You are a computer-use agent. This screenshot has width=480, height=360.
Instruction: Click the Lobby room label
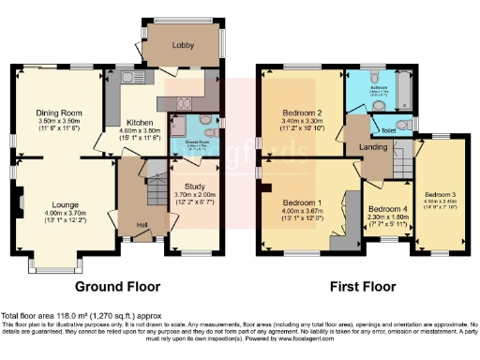point(182,44)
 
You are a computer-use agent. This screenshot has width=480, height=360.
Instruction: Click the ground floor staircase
point(152,192)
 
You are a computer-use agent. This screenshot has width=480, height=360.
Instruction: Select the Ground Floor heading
point(117,287)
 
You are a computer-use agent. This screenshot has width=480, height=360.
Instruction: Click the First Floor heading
point(361,287)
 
